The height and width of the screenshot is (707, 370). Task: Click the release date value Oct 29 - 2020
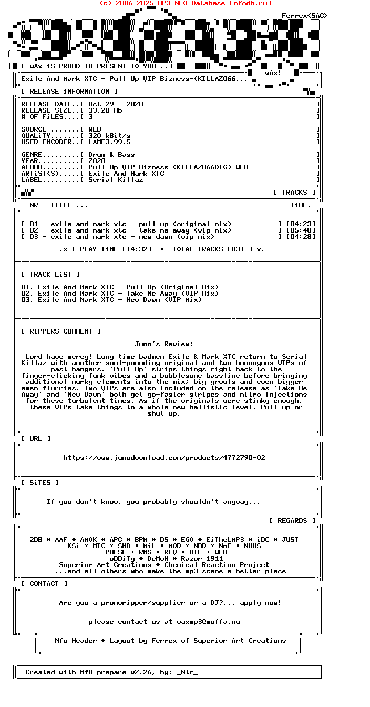[116, 104]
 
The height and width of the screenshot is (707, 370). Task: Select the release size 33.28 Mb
[105, 110]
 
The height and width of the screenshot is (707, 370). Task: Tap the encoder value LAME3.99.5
[109, 142]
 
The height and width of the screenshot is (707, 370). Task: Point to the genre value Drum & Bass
[111, 155]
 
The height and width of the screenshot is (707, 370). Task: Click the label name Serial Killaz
[116, 180]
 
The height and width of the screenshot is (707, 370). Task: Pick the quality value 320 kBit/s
[109, 136]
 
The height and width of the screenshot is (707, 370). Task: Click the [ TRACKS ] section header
[294, 193]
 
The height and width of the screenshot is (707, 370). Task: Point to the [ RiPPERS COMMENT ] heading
[61, 331]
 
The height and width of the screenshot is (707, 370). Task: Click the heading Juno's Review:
[164, 344]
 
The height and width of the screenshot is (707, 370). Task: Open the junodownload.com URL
[164, 458]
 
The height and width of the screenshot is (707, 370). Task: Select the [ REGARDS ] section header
[292, 521]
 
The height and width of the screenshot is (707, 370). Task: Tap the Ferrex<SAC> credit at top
[305, 16]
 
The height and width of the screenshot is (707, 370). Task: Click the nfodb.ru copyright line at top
[185, 3]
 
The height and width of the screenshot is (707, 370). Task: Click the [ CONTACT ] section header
[44, 584]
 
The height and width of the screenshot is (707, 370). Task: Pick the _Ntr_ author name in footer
[187, 672]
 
